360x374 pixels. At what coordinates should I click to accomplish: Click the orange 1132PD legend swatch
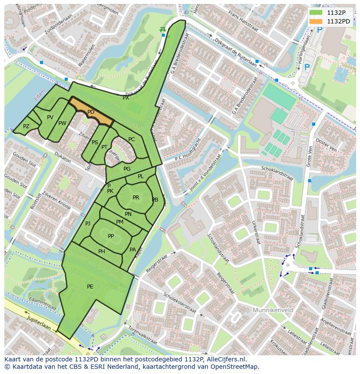click(316, 21)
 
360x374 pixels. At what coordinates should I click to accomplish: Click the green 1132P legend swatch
click(316, 13)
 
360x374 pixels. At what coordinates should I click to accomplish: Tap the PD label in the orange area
click(91, 112)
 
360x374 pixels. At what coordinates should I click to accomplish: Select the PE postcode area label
click(90, 286)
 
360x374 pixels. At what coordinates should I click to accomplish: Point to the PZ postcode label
click(26, 126)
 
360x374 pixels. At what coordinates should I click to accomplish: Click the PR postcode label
click(136, 198)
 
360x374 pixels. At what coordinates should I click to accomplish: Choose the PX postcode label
click(126, 98)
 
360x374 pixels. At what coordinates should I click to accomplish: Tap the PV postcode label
click(50, 117)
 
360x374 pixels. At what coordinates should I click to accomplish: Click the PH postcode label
click(102, 252)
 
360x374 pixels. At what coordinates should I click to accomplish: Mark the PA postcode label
click(133, 250)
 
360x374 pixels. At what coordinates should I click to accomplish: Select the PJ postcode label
click(88, 224)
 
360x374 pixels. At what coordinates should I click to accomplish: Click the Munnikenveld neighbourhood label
click(273, 310)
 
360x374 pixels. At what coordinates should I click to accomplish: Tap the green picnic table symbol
click(163, 29)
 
